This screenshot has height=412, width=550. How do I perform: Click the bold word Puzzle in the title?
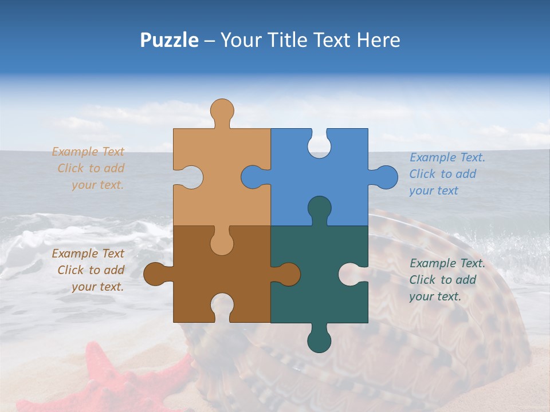169,40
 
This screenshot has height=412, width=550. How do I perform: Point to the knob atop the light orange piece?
222,110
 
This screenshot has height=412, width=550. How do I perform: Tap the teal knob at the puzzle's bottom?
319,340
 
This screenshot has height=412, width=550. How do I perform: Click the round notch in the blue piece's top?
319,145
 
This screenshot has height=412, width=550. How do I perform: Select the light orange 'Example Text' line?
88,152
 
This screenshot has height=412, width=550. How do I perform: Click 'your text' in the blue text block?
434,191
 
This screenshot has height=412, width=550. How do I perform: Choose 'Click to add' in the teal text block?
442,280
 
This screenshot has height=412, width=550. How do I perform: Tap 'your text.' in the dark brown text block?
97,287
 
